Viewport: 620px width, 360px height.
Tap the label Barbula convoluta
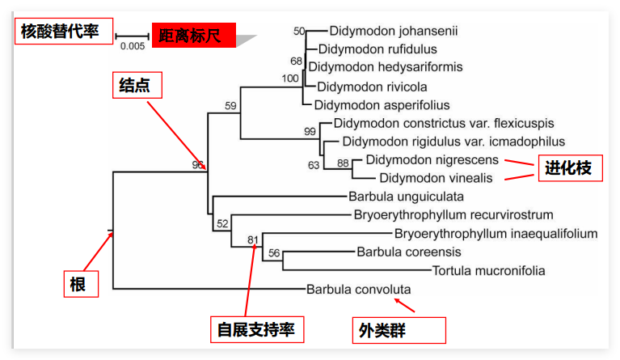[359, 289]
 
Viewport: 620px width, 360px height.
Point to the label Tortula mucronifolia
[489, 270]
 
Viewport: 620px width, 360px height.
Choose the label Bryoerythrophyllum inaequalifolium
[496, 234]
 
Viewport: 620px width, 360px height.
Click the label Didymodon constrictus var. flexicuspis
[444, 124]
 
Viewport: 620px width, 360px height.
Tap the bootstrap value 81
[252, 239]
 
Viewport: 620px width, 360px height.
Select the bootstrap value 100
[290, 78]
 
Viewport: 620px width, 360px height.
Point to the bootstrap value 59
[230, 106]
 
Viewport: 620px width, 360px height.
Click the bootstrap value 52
[223, 224]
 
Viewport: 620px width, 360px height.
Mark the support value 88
[343, 163]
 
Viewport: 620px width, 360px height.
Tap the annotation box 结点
[135, 85]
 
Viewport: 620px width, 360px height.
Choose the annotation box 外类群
[398, 330]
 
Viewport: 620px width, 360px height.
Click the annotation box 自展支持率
[255, 330]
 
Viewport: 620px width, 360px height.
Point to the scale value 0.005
[133, 46]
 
